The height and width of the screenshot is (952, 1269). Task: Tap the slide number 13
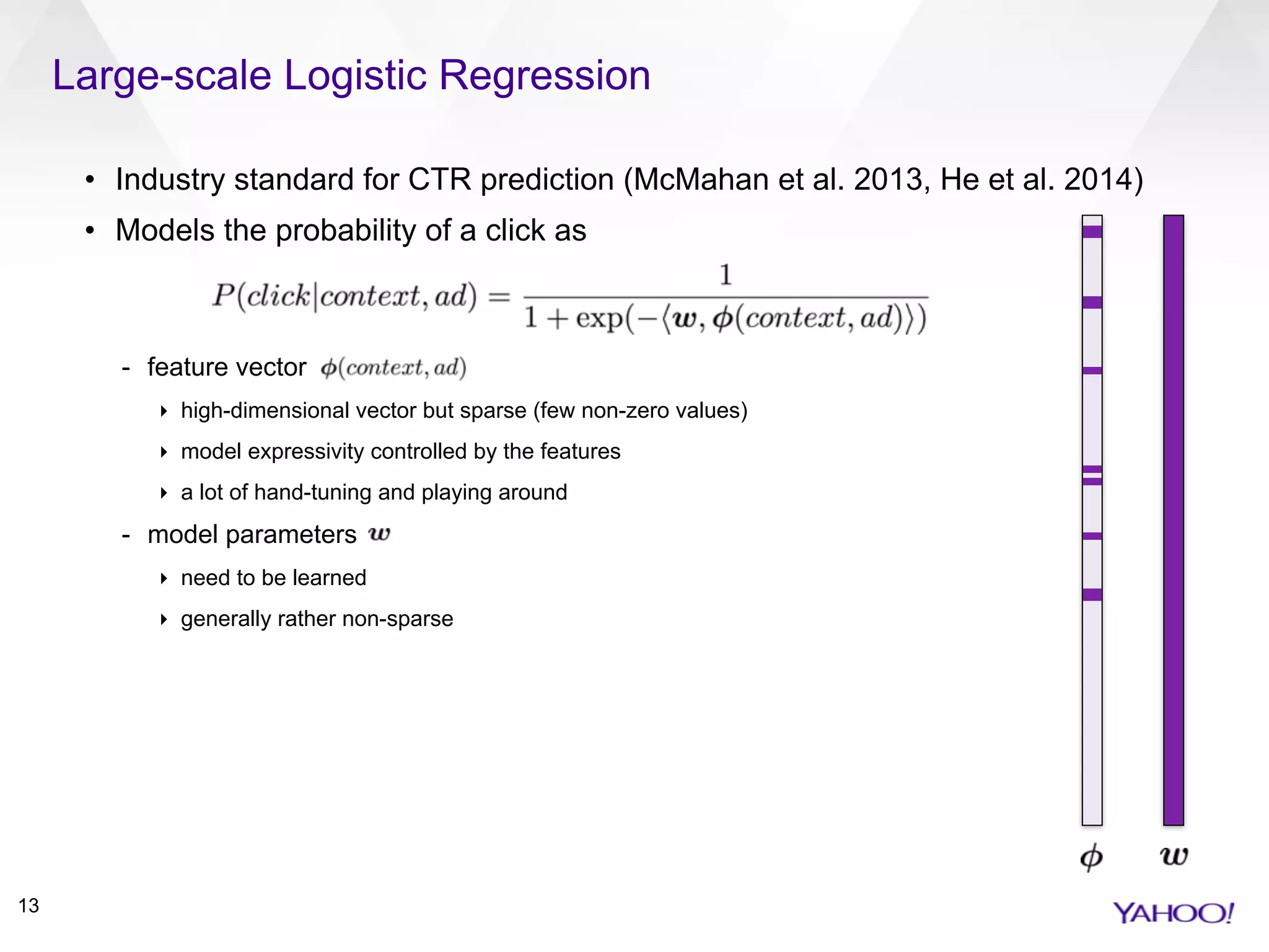[x=29, y=906]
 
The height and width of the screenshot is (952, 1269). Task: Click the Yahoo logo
[x=1173, y=913]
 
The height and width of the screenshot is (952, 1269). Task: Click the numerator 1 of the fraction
[x=726, y=275]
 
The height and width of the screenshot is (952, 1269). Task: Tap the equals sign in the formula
[x=499, y=297]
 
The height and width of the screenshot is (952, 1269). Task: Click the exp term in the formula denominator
[x=599, y=319]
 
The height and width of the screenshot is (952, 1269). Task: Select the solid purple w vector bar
[x=1173, y=521]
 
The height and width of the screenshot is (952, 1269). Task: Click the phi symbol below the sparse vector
[x=1091, y=857]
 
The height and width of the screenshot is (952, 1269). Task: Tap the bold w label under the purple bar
[x=1174, y=856]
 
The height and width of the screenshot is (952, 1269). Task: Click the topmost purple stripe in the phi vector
[x=1092, y=232]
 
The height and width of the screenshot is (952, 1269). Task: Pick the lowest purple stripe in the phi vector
[x=1092, y=594]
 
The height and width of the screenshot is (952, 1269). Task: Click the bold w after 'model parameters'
[x=379, y=534]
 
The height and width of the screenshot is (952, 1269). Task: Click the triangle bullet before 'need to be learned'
[x=164, y=578]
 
